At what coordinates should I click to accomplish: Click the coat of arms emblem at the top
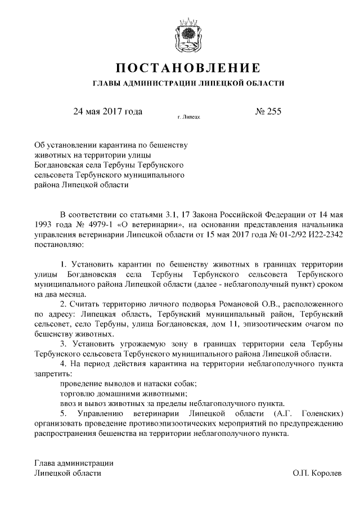click(x=188, y=35)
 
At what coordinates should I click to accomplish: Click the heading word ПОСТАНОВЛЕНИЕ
click(x=188, y=69)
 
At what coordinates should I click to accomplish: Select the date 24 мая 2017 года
click(x=107, y=111)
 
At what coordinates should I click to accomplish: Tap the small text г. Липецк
click(x=188, y=118)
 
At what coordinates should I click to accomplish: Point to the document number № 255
click(x=268, y=111)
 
